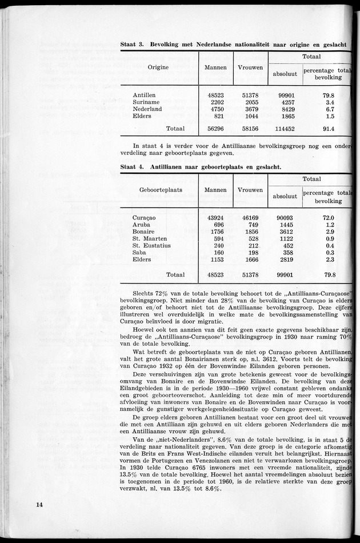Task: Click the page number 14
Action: coord(39,504)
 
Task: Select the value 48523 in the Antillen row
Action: coord(215,95)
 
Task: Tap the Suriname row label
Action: coord(146,102)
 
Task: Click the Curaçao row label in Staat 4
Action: coord(144,218)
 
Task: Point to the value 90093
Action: coord(285,218)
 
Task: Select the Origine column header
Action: coord(158,67)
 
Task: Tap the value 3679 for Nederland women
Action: coord(250,109)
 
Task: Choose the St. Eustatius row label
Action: coord(151,246)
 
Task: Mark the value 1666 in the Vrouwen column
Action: coord(250,259)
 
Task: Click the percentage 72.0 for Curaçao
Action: coord(328,218)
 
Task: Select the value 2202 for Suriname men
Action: coord(215,102)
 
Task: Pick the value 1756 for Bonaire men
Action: coord(215,231)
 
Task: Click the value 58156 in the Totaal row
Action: coord(250,129)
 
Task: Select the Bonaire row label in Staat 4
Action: coord(145,231)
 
